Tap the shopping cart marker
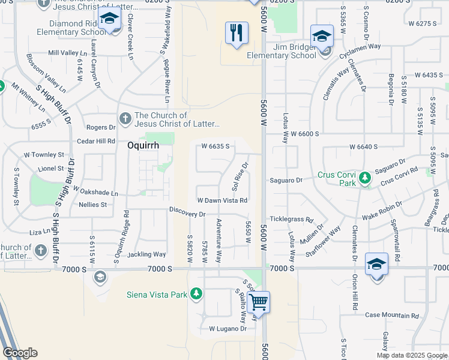pyautogui.click(x=258, y=302)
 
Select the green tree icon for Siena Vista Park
pyautogui.click(x=195, y=293)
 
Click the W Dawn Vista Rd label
pyautogui.click(x=223, y=200)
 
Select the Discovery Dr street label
pyautogui.click(x=187, y=214)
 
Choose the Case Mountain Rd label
pyautogui.click(x=392, y=315)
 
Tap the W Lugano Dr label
pyautogui.click(x=228, y=329)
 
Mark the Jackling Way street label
pyautogui.click(x=146, y=254)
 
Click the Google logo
pyautogui.click(x=20, y=353)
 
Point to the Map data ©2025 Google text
pyautogui.click(x=411, y=355)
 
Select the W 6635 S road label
pyautogui.click(x=215, y=146)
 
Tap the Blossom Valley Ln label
pyautogui.click(x=46, y=70)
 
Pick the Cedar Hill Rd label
pyautogui.click(x=96, y=141)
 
